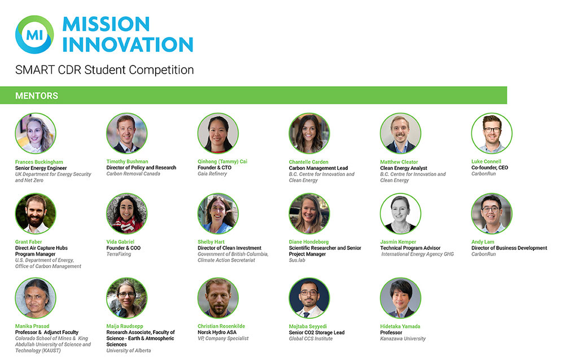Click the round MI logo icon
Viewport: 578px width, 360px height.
point(34,34)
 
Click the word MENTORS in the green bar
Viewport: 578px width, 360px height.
point(37,96)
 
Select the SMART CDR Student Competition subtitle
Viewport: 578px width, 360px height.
point(104,70)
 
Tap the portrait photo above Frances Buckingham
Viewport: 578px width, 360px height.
point(36,133)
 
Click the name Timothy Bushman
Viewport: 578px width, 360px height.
point(127,161)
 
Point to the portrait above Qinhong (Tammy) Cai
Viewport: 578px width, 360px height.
point(218,133)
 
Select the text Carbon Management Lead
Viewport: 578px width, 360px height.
point(318,168)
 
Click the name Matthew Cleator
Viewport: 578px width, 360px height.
point(399,162)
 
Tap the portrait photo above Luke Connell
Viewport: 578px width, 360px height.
point(492,133)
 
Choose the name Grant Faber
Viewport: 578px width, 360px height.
point(28,242)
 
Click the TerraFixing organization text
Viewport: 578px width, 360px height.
point(119,254)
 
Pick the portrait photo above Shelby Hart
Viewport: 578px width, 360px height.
point(218,214)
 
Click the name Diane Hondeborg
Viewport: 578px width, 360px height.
point(309,242)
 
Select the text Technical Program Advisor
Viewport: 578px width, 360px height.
point(410,248)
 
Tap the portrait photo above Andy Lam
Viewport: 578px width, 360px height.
point(492,214)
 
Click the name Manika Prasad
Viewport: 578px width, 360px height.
point(32,326)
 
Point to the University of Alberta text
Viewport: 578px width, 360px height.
point(129,350)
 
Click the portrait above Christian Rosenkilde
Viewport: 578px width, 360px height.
point(218,298)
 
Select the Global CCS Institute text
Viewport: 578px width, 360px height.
point(311,339)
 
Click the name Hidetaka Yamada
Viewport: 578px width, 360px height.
point(400,326)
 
